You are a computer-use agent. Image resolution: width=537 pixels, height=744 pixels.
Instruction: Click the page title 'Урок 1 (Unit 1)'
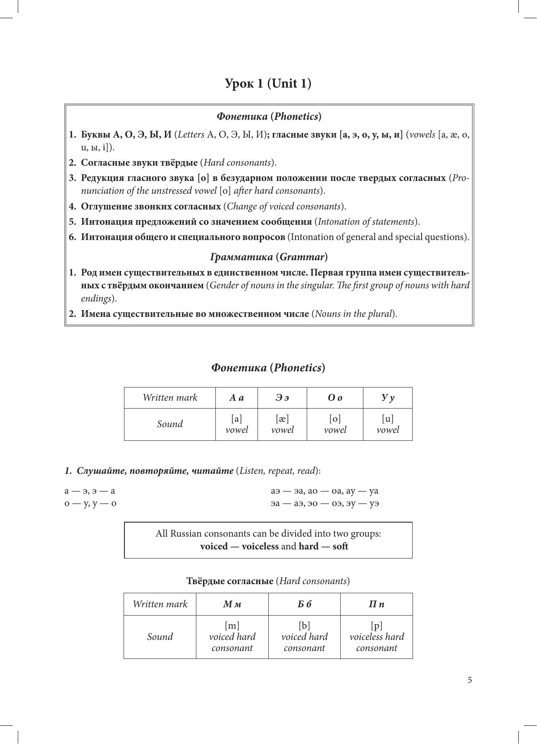[268, 83]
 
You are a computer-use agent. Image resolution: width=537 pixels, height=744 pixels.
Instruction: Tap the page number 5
[470, 680]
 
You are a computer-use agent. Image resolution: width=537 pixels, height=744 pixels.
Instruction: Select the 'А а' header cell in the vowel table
[236, 398]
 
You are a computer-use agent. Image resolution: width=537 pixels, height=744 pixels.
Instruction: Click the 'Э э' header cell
[282, 398]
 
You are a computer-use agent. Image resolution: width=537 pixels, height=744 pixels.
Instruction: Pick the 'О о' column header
[335, 398]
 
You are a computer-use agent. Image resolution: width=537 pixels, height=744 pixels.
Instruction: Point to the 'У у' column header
[387, 398]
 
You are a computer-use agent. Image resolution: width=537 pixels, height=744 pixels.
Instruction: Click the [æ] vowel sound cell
[282, 424]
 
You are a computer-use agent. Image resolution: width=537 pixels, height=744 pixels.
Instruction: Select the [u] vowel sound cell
[387, 424]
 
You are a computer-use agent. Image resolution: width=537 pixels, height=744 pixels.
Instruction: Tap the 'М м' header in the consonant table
[232, 604]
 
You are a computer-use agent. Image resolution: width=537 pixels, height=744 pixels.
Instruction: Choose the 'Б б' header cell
[304, 604]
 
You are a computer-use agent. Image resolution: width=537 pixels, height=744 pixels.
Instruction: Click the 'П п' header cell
[376, 604]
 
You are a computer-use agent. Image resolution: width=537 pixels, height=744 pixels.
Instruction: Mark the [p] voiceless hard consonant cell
[376, 637]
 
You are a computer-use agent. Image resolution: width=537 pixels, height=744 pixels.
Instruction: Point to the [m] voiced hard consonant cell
[232, 637]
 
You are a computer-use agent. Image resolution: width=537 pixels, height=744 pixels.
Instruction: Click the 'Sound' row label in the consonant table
[160, 637]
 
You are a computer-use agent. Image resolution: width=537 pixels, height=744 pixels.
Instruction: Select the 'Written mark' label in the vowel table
[170, 398]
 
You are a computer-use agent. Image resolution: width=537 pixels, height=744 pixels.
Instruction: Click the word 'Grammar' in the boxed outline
[302, 257]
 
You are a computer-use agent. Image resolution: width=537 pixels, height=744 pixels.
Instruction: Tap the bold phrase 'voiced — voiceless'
[239, 546]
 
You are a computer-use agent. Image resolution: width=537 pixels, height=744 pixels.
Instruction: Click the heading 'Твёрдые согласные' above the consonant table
[229, 581]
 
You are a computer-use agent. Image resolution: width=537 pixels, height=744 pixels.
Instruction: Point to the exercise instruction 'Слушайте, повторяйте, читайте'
[155, 471]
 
